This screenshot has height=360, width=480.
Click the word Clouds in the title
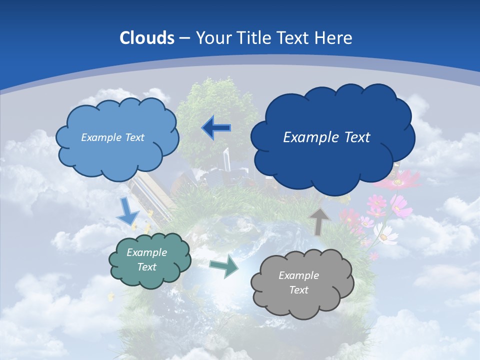[x=147, y=37]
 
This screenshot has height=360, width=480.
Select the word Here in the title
[x=335, y=37]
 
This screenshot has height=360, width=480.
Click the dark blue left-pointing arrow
[x=216, y=128]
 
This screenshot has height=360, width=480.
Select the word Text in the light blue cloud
[x=134, y=137]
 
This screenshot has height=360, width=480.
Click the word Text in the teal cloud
[x=147, y=267]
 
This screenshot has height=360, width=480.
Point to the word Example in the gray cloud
[x=298, y=275]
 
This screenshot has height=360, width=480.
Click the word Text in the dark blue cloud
[x=355, y=137]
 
